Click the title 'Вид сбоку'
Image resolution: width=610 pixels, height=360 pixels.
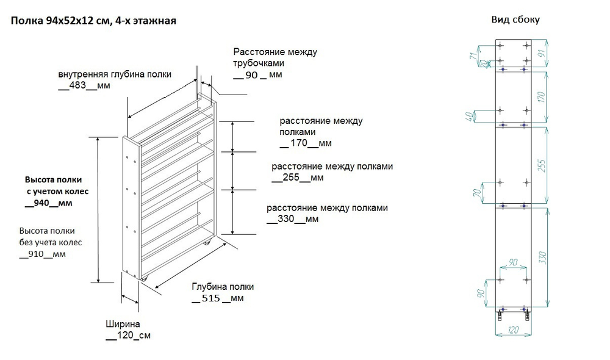point(515,20)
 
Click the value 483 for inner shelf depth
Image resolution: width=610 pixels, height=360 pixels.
point(77,85)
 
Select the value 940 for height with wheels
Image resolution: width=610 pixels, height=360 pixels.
point(41,203)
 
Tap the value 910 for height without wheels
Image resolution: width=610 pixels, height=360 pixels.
point(36,254)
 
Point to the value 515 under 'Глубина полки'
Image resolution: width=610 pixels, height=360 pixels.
point(211,298)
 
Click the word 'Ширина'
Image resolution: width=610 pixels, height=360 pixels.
point(123,324)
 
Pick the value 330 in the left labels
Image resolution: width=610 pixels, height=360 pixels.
point(286,219)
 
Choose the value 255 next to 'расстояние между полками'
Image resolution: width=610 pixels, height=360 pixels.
point(291,178)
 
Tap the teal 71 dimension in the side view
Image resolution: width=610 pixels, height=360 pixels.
point(473,56)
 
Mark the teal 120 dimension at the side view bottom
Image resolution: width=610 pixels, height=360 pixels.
point(514,330)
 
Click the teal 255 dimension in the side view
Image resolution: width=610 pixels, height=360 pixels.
point(541,165)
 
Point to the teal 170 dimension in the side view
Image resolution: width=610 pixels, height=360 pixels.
point(541,97)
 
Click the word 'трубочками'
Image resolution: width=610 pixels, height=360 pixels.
point(259,63)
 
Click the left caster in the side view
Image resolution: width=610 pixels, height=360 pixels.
point(500,315)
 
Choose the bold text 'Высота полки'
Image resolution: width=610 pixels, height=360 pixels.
point(53,180)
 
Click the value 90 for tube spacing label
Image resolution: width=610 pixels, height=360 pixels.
point(252,75)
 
